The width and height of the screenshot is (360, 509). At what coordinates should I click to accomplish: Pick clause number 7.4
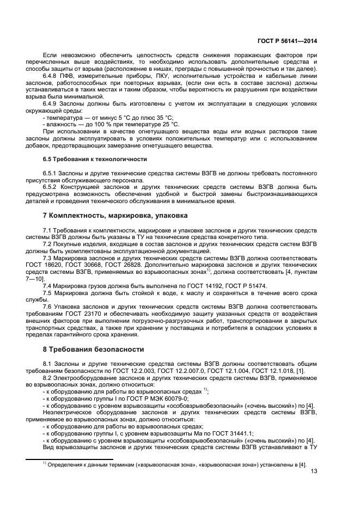47,285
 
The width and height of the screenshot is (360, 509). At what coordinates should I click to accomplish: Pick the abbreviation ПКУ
138,76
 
